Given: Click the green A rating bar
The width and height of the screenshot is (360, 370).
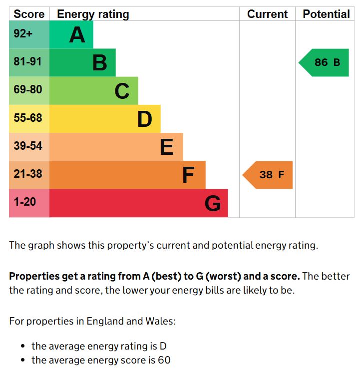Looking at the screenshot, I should click(x=71, y=35).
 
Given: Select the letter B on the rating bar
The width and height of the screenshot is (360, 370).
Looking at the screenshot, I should click(x=100, y=63).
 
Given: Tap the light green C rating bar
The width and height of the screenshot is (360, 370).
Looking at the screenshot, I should click(x=94, y=91).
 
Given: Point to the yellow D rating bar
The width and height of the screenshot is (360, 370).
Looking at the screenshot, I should click(x=105, y=119).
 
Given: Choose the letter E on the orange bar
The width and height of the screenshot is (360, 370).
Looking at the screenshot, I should click(x=166, y=147).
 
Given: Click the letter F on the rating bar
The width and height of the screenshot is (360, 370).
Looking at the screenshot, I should click(x=188, y=175).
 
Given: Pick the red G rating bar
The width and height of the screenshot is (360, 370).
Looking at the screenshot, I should click(x=138, y=203).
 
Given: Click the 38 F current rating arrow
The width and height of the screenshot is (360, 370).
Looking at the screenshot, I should click(x=269, y=175).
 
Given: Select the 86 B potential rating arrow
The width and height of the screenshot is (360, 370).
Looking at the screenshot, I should click(x=325, y=63).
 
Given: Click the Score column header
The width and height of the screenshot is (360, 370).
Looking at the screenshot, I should click(x=29, y=14).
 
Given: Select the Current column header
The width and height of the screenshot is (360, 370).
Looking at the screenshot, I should click(x=267, y=14).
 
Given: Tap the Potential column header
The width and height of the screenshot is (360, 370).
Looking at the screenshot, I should click(x=326, y=14).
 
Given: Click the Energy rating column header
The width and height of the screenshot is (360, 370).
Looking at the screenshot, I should click(x=93, y=14).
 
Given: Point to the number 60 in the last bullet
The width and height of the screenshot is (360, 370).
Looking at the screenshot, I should click(x=164, y=360).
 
